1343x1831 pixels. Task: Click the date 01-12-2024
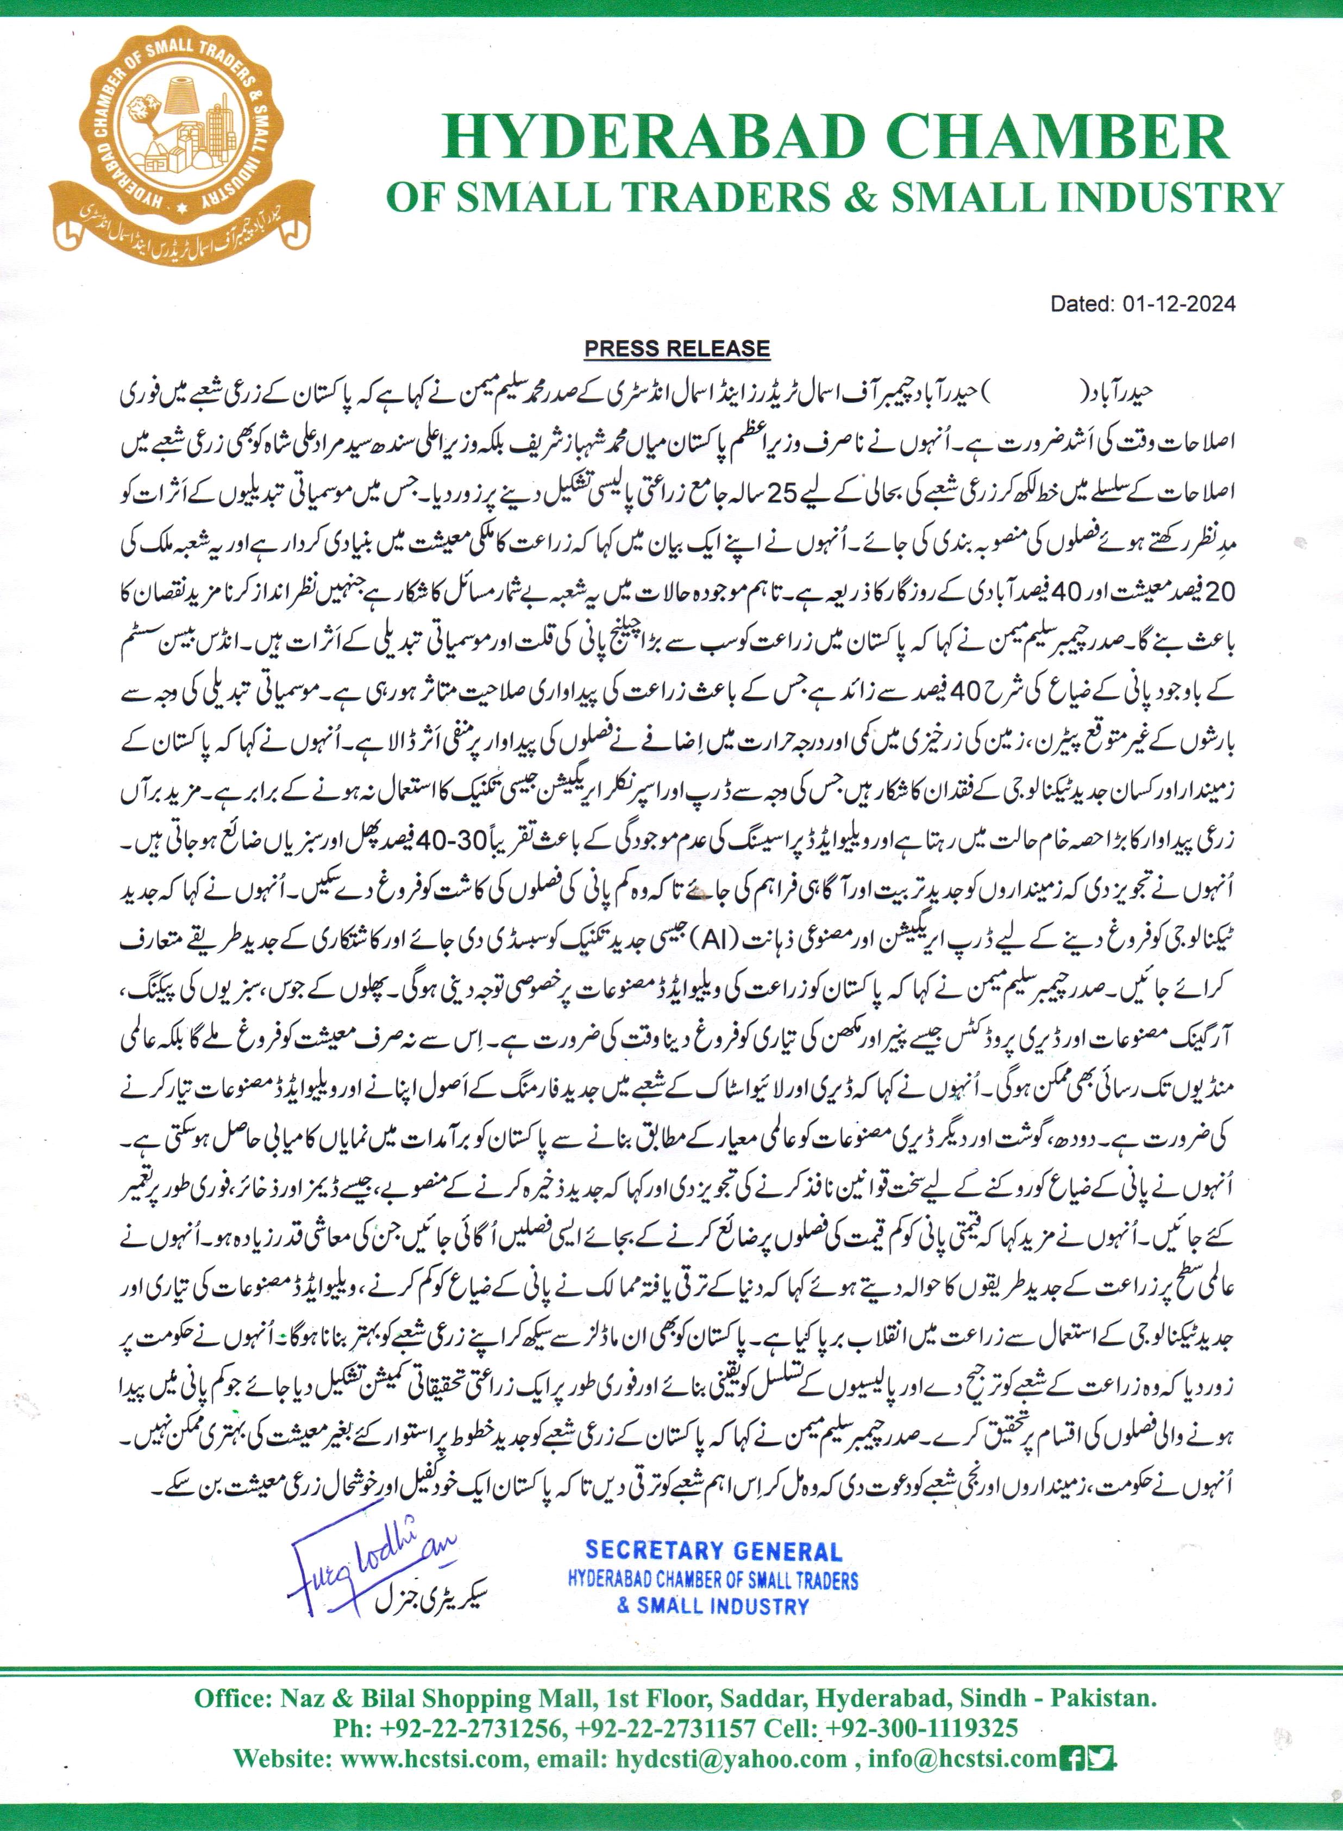(x=1179, y=304)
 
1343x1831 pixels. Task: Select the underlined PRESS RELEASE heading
(x=677, y=349)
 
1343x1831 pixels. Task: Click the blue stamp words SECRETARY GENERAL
(x=713, y=1551)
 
